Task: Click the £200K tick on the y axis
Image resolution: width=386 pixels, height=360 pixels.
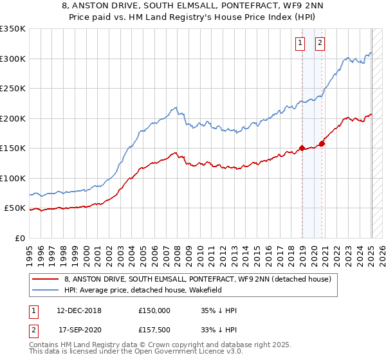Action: click(13, 118)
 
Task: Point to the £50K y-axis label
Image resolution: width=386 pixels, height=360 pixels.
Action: click(15, 208)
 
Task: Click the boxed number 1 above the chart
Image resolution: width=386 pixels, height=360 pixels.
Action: click(300, 43)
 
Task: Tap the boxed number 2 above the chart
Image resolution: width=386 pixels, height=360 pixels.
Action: click(320, 43)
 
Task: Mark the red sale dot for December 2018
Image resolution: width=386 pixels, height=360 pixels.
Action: click(302, 148)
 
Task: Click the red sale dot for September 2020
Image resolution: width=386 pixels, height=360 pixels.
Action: click(322, 144)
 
